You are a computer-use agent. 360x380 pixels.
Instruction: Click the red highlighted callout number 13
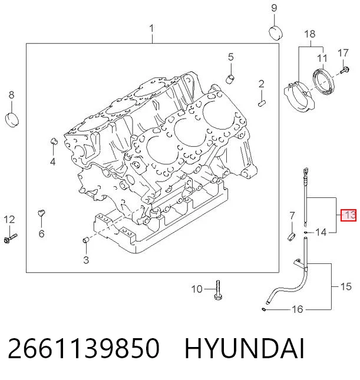(348, 215)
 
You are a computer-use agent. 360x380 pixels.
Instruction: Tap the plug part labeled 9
(276, 32)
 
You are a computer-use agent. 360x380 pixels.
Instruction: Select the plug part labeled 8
(12, 120)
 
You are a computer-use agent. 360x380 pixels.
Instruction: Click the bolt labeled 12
(11, 238)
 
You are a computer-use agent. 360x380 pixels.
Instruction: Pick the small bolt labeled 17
(345, 70)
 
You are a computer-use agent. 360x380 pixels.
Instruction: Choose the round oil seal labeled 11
(323, 81)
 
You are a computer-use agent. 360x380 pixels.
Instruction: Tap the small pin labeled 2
(262, 103)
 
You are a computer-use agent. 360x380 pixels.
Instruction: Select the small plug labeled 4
(54, 141)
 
